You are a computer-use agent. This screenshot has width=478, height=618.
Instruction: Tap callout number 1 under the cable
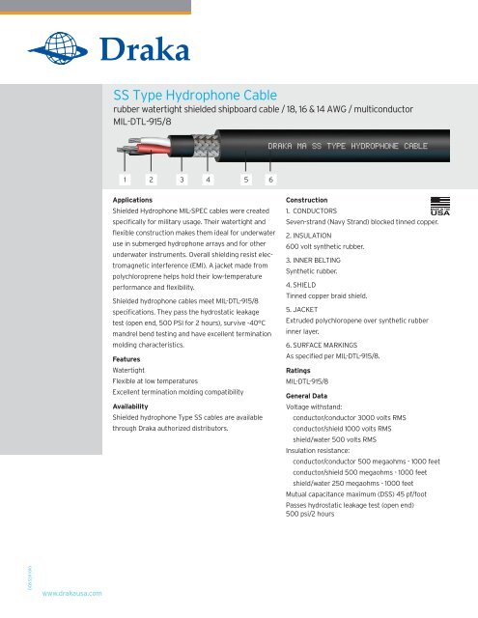pos(125,179)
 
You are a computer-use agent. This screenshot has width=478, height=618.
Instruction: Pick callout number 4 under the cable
pos(209,179)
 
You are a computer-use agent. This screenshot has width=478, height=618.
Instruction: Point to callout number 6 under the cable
pos(271,179)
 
